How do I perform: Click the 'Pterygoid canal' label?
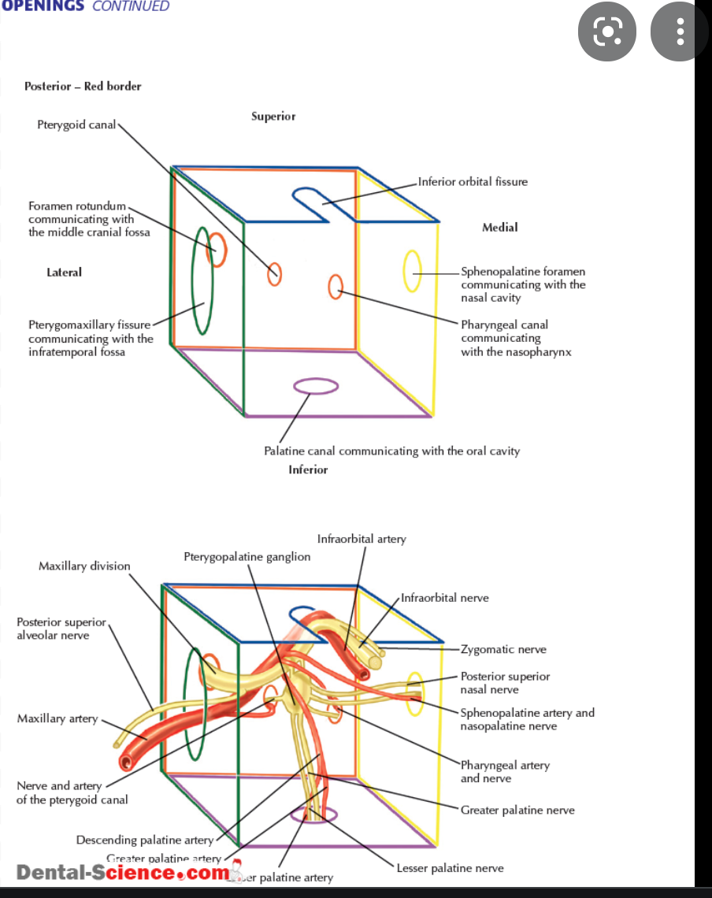point(76,124)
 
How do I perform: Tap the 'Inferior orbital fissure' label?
point(473,182)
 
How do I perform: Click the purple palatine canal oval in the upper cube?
point(316,385)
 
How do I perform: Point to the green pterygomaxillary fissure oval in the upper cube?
point(202,280)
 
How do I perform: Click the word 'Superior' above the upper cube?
point(273,117)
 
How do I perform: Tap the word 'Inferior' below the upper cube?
point(308,469)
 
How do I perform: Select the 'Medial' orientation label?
point(499,228)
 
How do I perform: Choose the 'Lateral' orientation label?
point(64,273)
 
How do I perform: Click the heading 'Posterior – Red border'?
point(83,87)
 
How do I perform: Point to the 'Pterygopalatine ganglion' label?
point(247,557)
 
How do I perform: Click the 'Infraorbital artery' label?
point(362,540)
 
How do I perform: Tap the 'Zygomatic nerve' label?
point(503,650)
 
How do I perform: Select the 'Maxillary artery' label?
point(57,718)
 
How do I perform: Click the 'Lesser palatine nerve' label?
point(450,868)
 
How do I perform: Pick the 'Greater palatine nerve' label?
point(517,810)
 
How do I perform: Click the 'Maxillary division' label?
point(84,566)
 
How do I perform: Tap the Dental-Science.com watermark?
point(123,873)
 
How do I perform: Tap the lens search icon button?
point(607,32)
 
